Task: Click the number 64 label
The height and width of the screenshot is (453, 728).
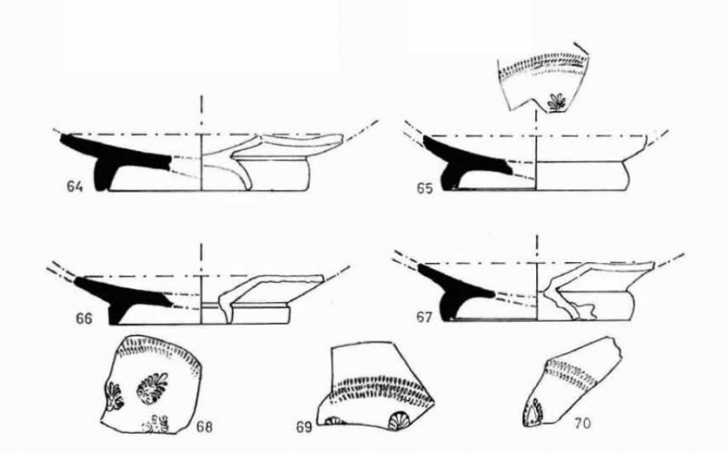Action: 75,186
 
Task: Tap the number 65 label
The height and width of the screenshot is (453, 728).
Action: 424,188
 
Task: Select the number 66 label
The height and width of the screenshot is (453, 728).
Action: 84,319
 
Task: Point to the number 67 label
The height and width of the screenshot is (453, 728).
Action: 424,318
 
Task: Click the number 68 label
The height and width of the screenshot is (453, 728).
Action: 205,426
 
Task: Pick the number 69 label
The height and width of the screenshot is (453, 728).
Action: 305,427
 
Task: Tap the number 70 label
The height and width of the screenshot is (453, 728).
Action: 582,423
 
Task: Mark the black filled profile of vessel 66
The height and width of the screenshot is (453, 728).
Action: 121,297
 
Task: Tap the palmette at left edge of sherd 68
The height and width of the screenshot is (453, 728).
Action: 113,396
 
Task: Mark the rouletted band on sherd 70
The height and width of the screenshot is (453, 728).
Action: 572,373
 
